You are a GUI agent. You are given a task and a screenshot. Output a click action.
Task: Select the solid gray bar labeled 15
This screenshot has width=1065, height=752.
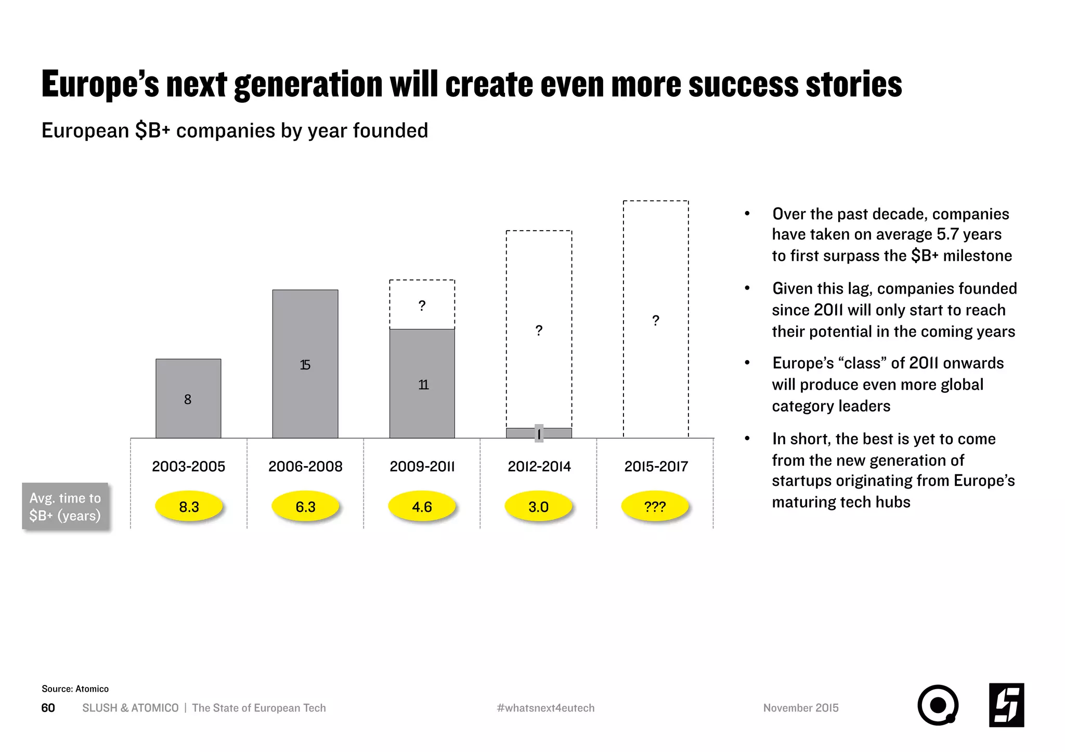pyautogui.click(x=305, y=364)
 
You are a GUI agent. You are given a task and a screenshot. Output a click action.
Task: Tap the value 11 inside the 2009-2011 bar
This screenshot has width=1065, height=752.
pyautogui.click(x=423, y=385)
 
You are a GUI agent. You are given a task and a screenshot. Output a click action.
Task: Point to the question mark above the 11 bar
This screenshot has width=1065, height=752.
pyautogui.click(x=422, y=306)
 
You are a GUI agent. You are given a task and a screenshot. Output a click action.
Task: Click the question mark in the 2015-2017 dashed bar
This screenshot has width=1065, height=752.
pyautogui.click(x=656, y=321)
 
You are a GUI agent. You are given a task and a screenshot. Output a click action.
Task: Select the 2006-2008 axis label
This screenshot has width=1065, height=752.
pyautogui.click(x=305, y=466)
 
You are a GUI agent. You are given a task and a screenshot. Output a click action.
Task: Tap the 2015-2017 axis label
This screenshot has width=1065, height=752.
pyautogui.click(x=656, y=466)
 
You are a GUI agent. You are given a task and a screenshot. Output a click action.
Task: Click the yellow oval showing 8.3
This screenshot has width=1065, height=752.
pyautogui.click(x=189, y=507)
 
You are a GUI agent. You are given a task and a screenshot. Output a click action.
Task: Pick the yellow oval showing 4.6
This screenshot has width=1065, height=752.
pyautogui.click(x=422, y=507)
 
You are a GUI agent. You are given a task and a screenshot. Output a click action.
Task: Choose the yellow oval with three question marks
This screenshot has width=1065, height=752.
pyautogui.click(x=655, y=507)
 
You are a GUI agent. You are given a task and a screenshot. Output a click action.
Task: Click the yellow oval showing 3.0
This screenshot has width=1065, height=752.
pyautogui.click(x=538, y=507)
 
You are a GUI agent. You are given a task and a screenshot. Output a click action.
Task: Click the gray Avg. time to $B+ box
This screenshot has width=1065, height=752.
pyautogui.click(x=66, y=506)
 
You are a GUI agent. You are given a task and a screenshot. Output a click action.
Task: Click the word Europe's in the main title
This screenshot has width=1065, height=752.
pyautogui.click(x=100, y=84)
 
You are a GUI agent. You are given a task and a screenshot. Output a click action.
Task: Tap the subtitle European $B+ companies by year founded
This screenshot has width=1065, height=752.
pyautogui.click(x=235, y=130)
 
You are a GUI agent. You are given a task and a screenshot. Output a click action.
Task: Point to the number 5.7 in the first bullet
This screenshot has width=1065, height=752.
pyautogui.click(x=947, y=234)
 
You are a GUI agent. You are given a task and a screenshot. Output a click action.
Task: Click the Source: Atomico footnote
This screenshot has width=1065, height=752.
pyautogui.click(x=75, y=689)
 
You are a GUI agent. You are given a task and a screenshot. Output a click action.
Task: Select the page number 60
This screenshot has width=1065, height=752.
pyautogui.click(x=48, y=708)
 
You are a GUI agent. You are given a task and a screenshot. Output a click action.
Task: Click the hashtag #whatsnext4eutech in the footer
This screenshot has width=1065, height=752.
pyautogui.click(x=546, y=708)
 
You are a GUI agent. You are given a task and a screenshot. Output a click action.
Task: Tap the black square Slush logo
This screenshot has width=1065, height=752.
pyautogui.click(x=1006, y=705)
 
